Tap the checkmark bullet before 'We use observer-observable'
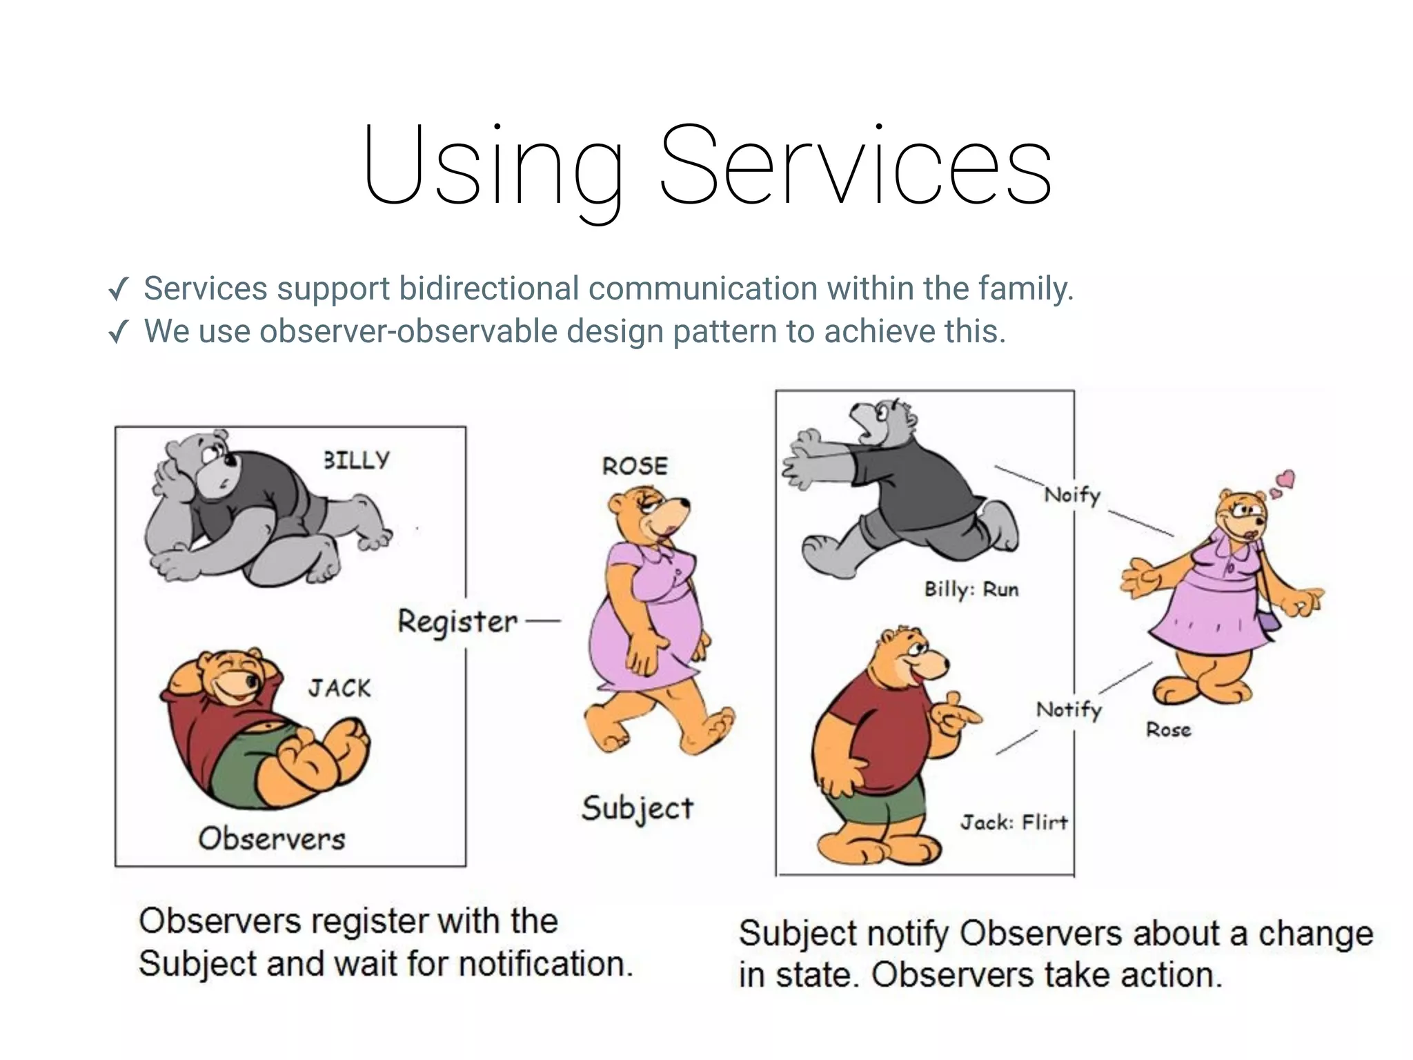pyautogui.click(x=119, y=333)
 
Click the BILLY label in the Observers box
pyautogui.click(x=357, y=460)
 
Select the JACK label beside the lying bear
pyautogui.click(x=339, y=688)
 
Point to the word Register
pyautogui.click(x=457, y=622)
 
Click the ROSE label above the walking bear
pyautogui.click(x=635, y=467)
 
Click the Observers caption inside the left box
pyautogui.click(x=271, y=839)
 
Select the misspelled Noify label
pyautogui.click(x=1071, y=495)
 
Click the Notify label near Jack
pyautogui.click(x=1069, y=709)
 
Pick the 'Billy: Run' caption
pyautogui.click(x=971, y=589)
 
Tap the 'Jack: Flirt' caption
pyautogui.click(x=1014, y=822)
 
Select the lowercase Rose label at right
pyautogui.click(x=1168, y=729)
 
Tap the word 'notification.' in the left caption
pyautogui.click(x=545, y=964)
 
